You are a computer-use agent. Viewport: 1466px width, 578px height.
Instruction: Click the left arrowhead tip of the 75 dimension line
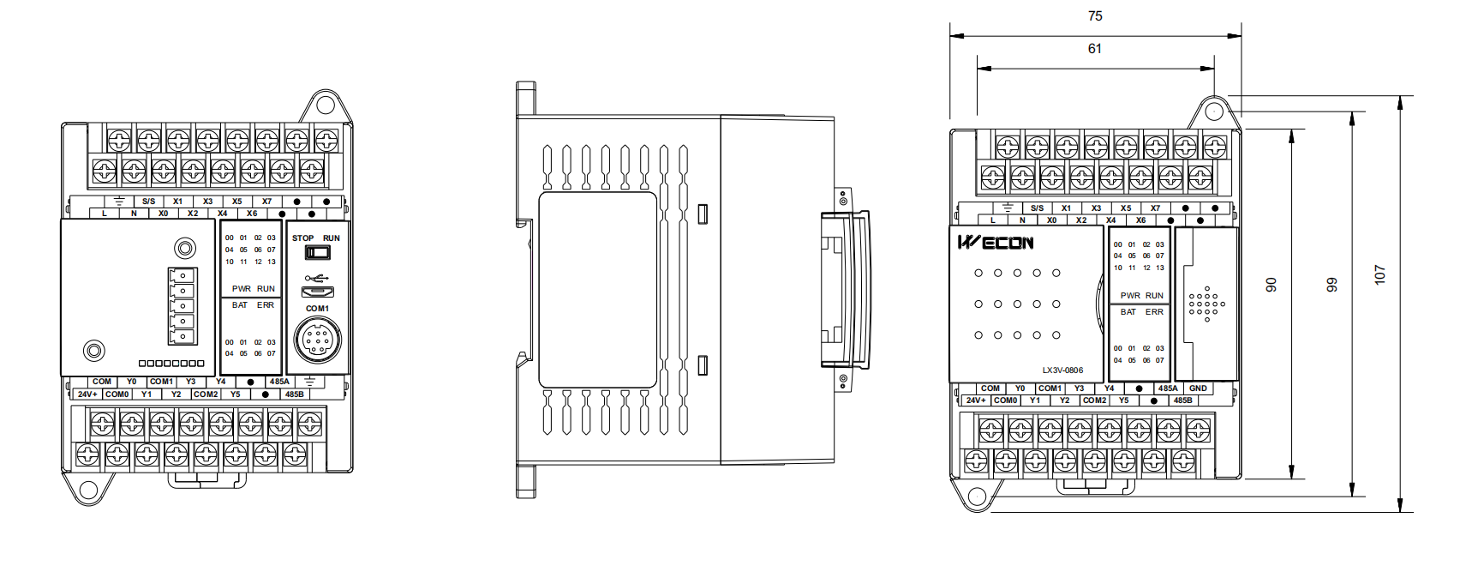(x=950, y=36)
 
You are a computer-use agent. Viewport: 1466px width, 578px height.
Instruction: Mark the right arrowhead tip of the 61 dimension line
(x=1214, y=68)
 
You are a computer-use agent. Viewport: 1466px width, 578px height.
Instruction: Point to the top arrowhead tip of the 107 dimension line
(x=1400, y=96)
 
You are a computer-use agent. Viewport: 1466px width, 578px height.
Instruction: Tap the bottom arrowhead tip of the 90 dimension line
(x=1291, y=479)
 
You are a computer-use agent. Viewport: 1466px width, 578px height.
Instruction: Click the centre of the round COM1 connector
(x=317, y=340)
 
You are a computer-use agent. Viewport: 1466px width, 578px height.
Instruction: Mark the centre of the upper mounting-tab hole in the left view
(x=326, y=104)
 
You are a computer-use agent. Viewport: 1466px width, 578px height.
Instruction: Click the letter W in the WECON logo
(x=968, y=243)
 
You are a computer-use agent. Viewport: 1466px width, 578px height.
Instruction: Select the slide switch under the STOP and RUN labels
(x=317, y=252)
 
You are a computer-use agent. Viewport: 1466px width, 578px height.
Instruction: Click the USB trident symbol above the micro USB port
(x=317, y=279)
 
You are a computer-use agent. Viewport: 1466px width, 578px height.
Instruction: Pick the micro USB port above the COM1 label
(x=317, y=292)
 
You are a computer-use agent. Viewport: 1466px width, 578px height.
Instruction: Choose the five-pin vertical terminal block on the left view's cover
(x=183, y=306)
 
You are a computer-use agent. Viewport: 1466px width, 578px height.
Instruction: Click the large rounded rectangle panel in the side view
(x=597, y=290)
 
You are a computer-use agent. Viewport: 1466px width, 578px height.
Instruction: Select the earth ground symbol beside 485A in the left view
(x=309, y=381)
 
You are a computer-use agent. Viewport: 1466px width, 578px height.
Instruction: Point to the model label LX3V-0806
(x=1062, y=370)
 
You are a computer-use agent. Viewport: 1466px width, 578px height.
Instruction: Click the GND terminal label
(x=1199, y=388)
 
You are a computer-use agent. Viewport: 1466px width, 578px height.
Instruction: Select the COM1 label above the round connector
(x=317, y=309)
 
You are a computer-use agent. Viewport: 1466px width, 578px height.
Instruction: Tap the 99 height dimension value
(x=1331, y=285)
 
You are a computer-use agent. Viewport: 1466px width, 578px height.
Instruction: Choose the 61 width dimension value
(x=1095, y=49)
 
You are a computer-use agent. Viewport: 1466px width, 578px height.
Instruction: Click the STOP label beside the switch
(x=303, y=238)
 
